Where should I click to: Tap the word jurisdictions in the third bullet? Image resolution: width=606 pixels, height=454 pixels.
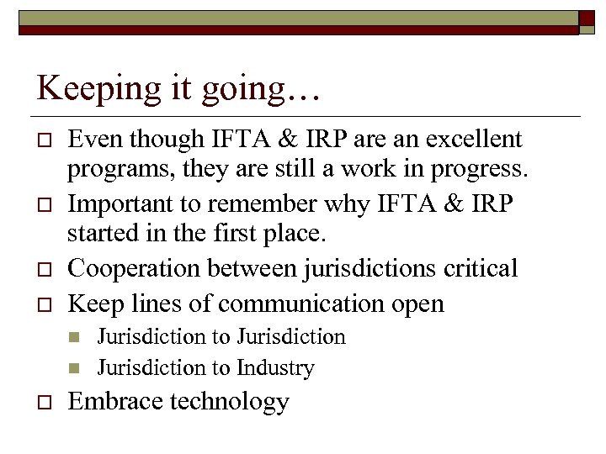tap(367, 269)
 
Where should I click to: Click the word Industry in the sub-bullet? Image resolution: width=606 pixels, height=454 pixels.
tap(275, 368)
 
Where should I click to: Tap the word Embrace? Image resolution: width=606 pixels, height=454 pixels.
tap(115, 402)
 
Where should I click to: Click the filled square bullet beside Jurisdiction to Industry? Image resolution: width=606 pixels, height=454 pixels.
tap(74, 368)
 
